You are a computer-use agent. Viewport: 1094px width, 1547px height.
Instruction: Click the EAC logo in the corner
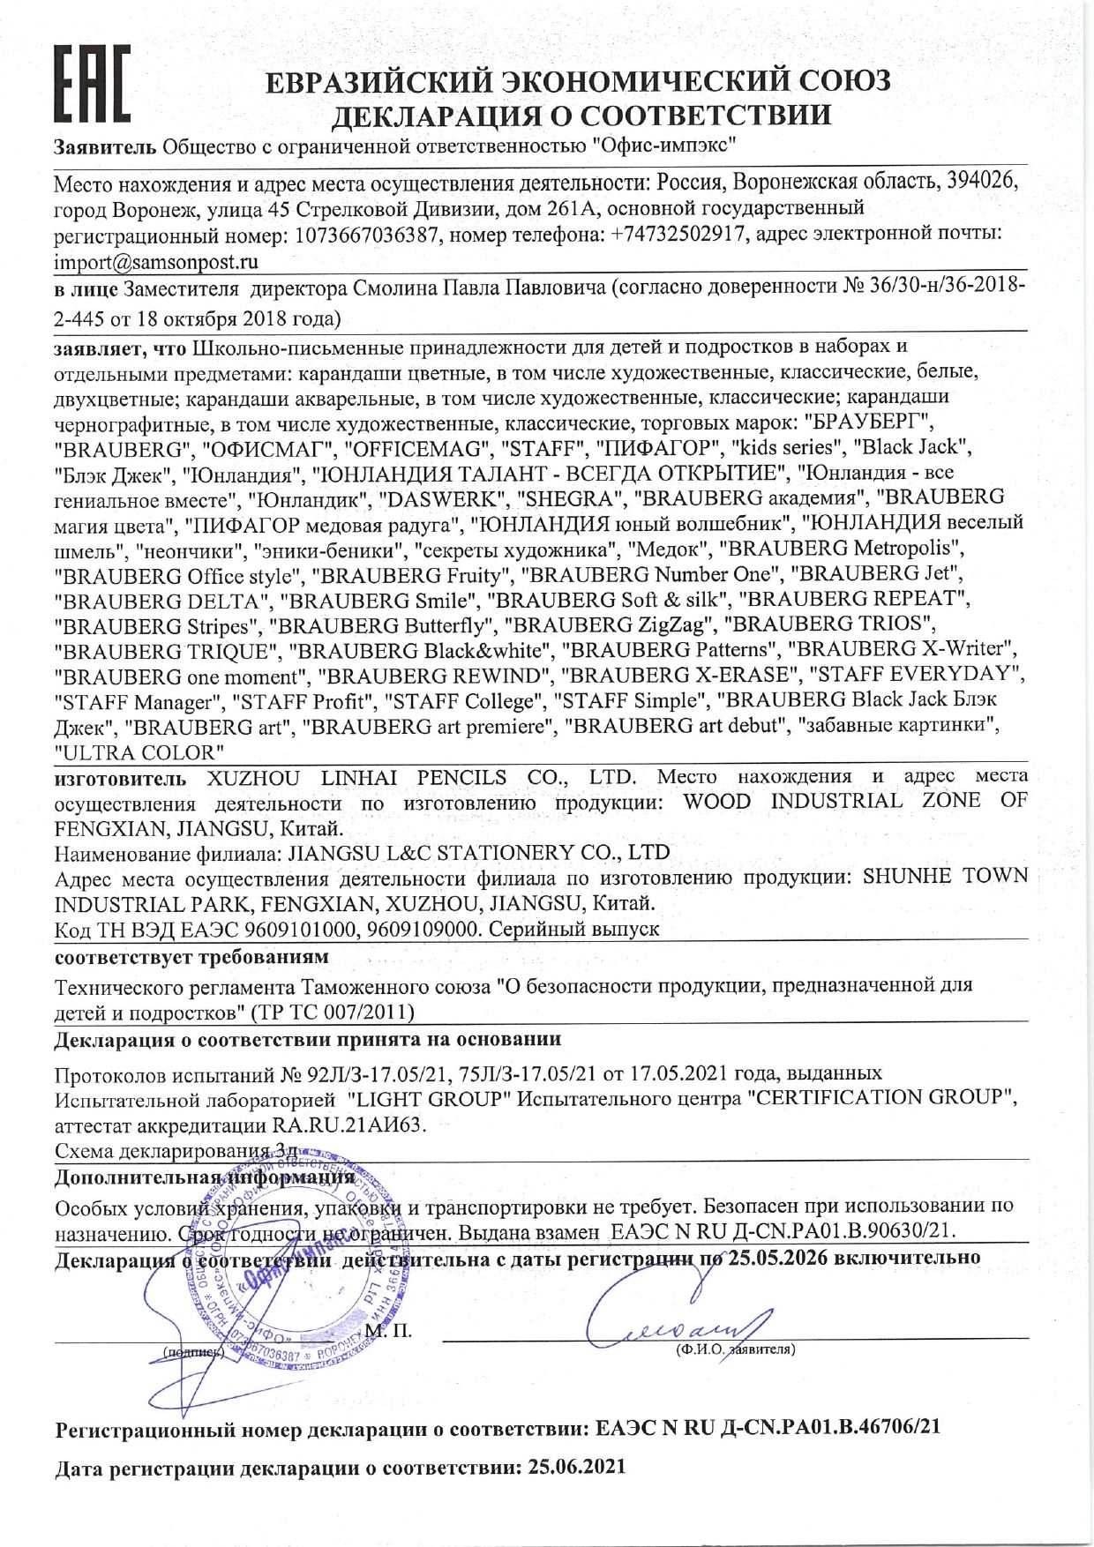coord(91,84)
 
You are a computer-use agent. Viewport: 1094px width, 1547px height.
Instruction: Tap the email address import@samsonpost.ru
coord(156,262)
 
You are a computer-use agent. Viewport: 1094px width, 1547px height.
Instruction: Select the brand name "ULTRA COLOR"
coord(139,752)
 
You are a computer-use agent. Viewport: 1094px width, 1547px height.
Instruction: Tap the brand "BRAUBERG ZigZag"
coord(612,625)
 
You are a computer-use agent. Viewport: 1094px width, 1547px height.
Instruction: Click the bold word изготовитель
coord(120,778)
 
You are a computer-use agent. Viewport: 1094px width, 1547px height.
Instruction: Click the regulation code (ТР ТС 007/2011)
coord(333,1011)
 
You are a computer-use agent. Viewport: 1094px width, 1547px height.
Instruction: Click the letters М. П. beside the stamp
coord(387,1329)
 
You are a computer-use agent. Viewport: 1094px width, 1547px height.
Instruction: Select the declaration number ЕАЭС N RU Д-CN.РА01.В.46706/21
coord(768,1428)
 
